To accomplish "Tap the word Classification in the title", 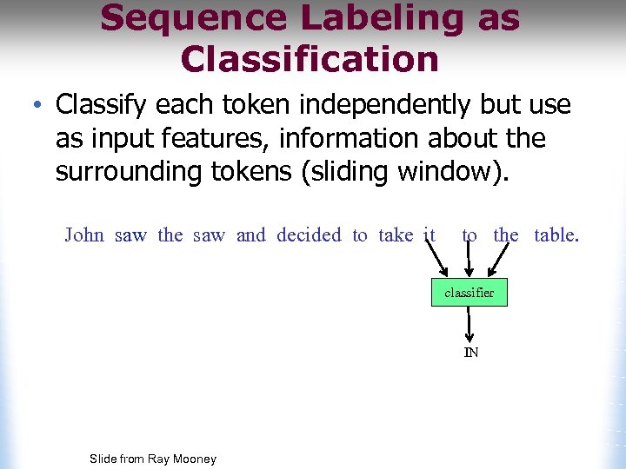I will (x=310, y=59).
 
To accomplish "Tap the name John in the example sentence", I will (x=84, y=235).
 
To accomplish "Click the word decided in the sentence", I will (x=309, y=235).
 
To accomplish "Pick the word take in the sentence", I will (x=396, y=235).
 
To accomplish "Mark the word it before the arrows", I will (x=429, y=235).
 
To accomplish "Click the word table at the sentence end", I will (x=555, y=235).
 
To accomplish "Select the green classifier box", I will (x=469, y=293).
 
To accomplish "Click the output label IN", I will (x=470, y=353).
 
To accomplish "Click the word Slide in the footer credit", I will (x=104, y=459).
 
